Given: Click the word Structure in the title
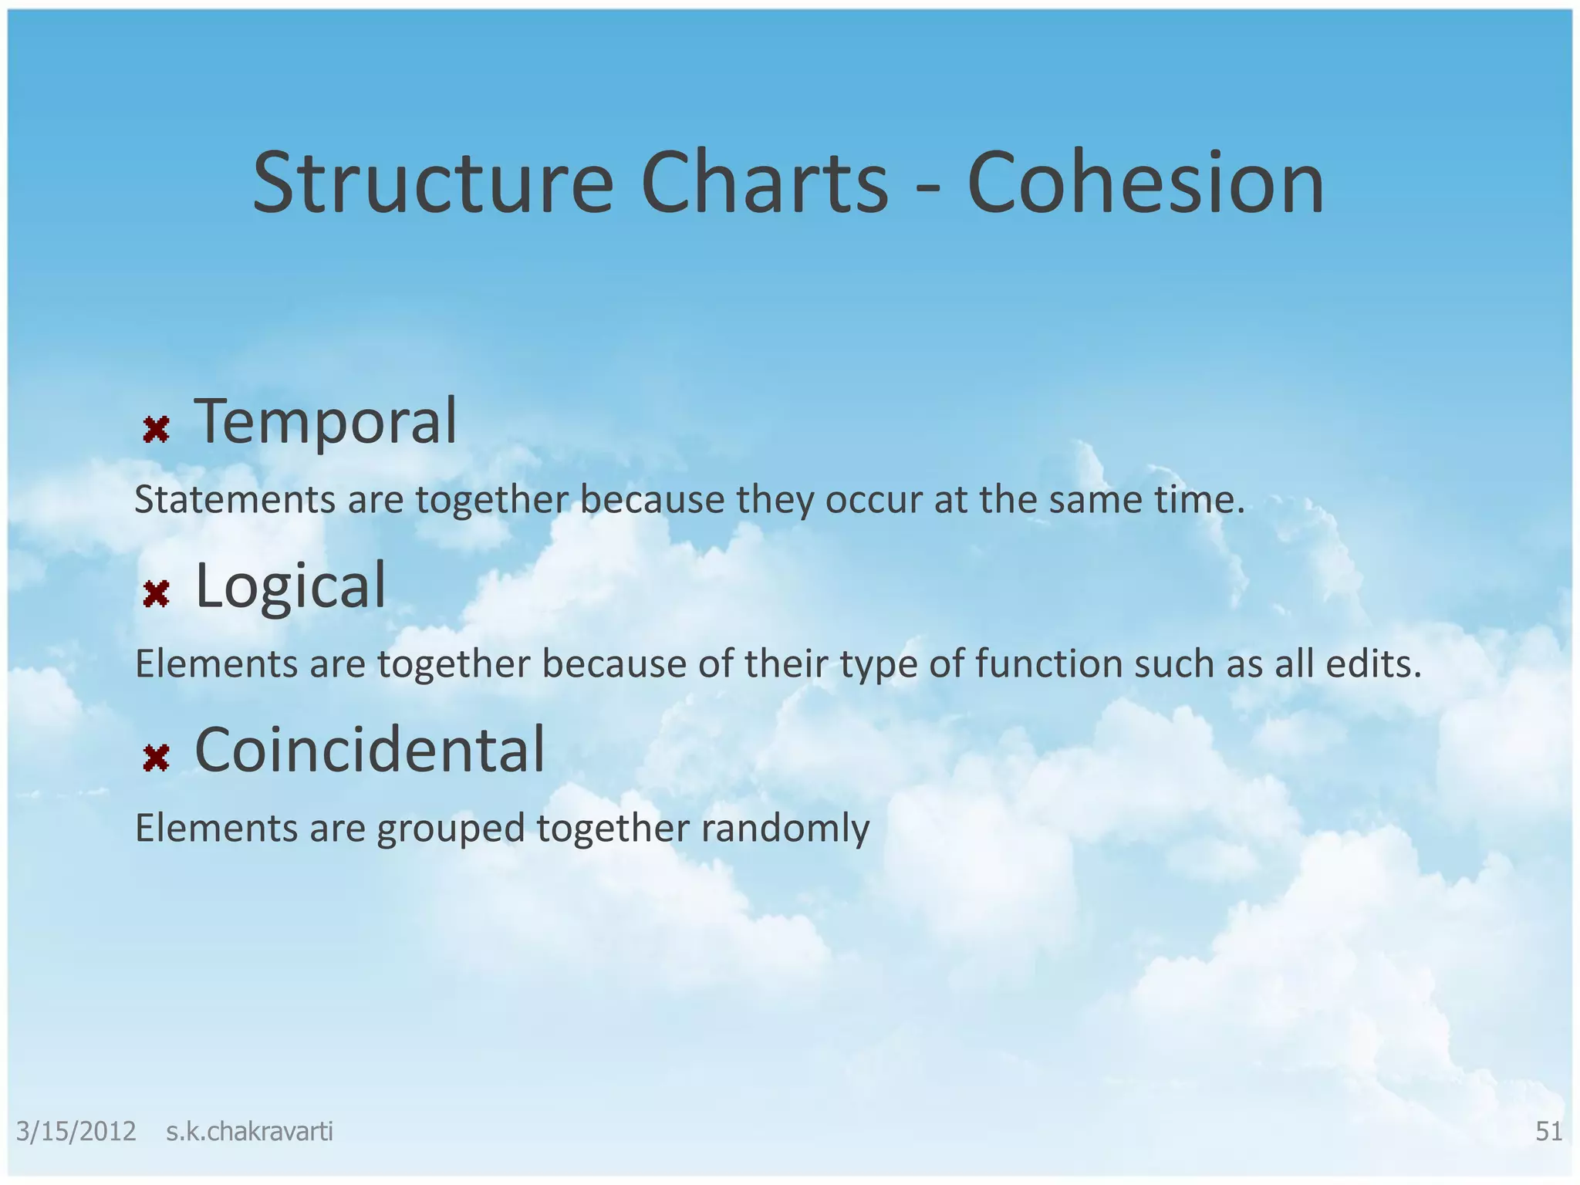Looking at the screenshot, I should coord(433,184).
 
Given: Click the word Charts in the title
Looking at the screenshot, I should coord(764,184).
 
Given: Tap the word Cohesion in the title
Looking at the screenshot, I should coord(1146,184).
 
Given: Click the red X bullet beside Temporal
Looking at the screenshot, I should coord(156,429).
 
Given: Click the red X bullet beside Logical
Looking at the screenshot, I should coord(156,593).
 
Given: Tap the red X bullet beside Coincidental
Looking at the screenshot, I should coord(156,758).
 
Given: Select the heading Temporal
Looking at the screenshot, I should coord(326,421).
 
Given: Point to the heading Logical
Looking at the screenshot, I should coord(290,586).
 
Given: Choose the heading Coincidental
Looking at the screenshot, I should coord(370,750).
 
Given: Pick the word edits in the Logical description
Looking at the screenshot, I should coord(1372,663).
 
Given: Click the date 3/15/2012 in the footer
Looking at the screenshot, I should coord(76,1132).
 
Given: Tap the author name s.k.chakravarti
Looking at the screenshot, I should coord(249,1132).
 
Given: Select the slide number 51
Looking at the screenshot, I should coord(1548,1132).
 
